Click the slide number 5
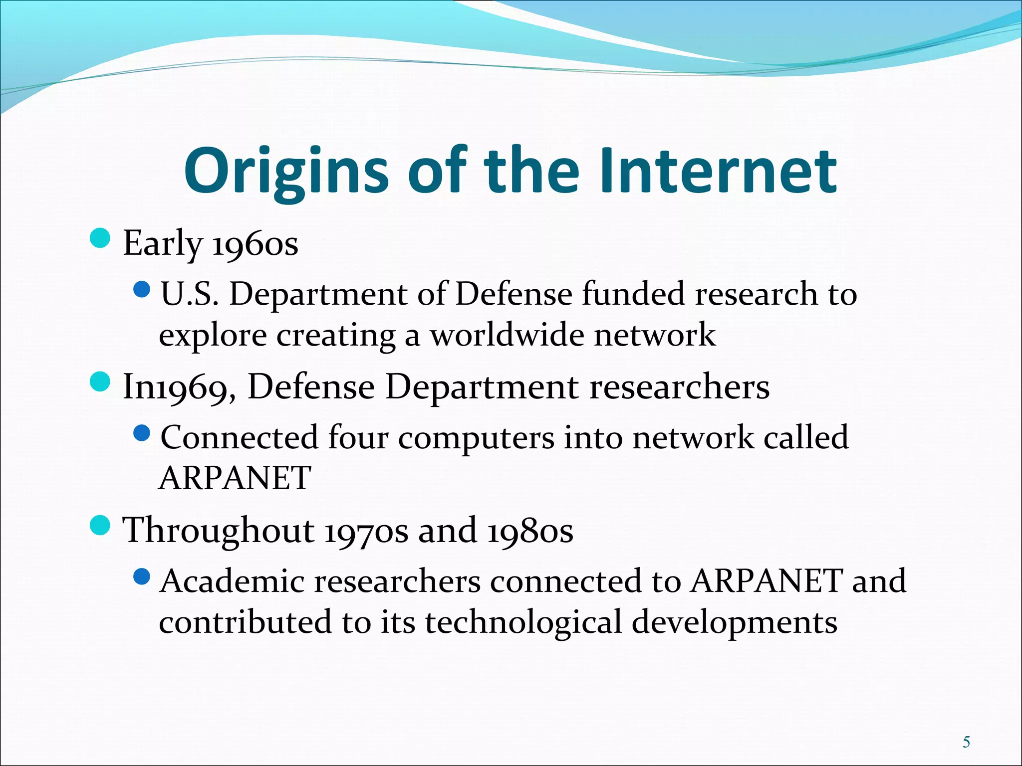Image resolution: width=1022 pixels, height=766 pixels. [x=967, y=743]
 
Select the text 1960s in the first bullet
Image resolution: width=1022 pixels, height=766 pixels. [x=255, y=244]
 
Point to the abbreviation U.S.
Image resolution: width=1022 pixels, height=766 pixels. [x=190, y=294]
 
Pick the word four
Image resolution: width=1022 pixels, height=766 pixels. [x=358, y=438]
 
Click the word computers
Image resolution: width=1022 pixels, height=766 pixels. [x=476, y=438]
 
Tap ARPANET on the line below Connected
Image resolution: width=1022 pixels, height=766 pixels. [x=235, y=478]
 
